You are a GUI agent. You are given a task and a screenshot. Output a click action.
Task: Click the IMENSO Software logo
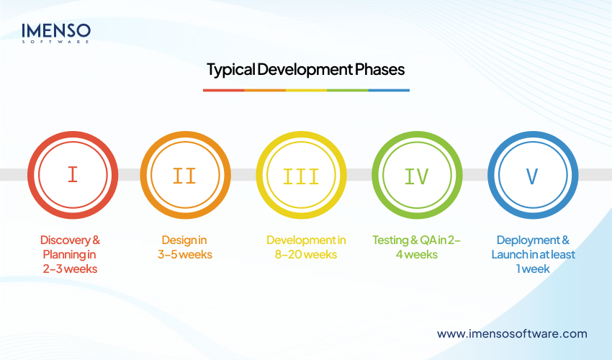(55, 32)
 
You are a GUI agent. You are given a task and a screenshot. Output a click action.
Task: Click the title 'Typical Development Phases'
(305, 70)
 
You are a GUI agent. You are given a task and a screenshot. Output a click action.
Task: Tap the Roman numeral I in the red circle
(72, 175)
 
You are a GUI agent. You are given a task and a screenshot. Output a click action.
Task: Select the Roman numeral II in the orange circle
(185, 175)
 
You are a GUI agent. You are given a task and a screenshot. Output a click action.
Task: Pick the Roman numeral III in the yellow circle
(302, 175)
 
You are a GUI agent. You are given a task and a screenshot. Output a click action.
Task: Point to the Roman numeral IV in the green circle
(417, 175)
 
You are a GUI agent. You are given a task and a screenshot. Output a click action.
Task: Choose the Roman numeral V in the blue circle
(532, 175)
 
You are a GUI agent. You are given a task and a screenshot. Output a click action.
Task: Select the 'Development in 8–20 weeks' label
(306, 247)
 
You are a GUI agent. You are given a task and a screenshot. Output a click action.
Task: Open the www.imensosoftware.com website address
(512, 333)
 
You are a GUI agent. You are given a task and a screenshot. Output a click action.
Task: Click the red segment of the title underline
(223, 90)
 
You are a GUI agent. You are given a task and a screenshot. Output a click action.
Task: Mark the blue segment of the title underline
(389, 90)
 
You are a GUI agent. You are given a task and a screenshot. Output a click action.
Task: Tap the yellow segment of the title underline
(306, 90)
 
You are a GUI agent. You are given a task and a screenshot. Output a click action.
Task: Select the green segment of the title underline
(347, 90)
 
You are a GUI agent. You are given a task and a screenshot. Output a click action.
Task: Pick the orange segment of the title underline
(265, 90)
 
